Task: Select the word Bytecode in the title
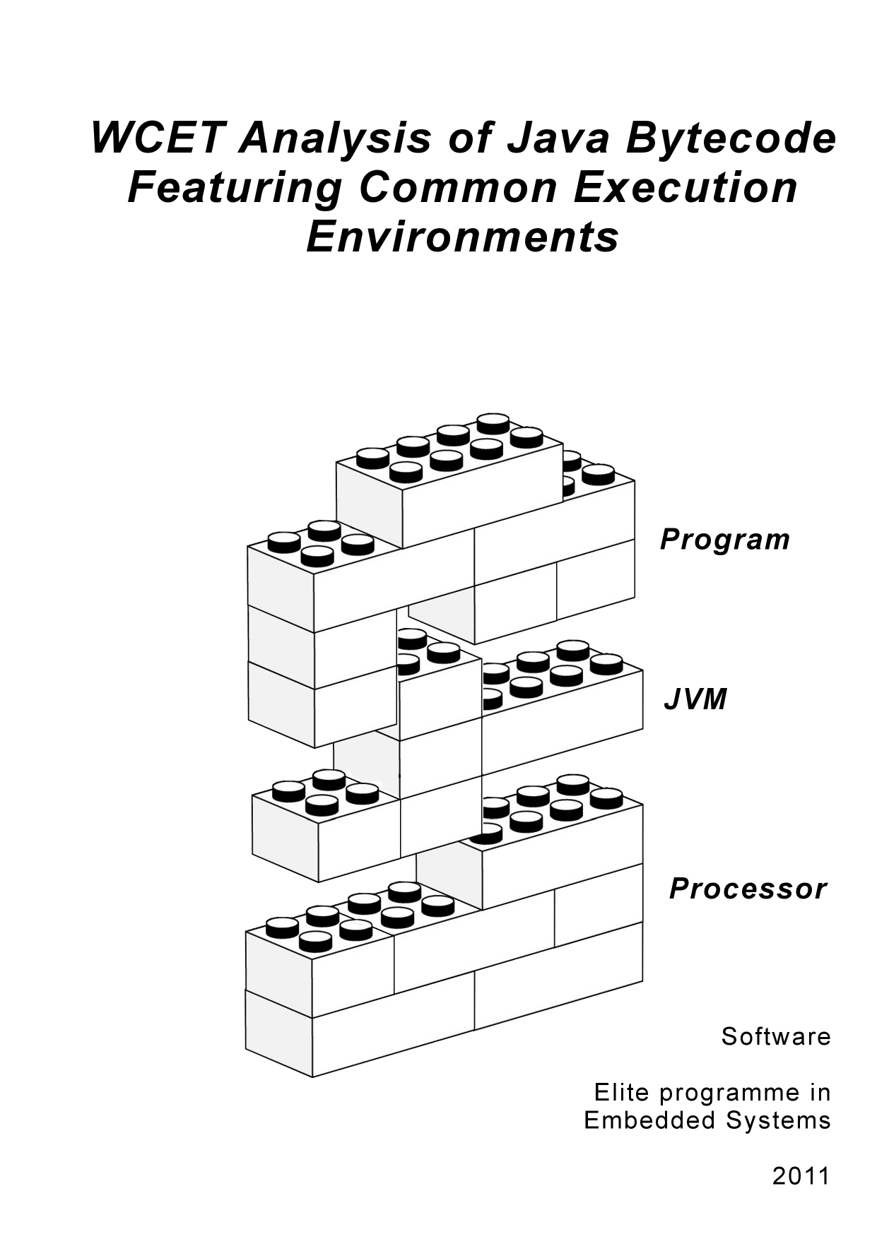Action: tap(730, 138)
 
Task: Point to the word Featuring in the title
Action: tap(235, 188)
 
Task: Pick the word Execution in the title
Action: tap(685, 188)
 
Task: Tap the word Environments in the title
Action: tap(462, 237)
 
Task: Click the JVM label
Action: tap(695, 700)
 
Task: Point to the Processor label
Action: tap(748, 889)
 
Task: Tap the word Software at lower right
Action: tap(776, 1037)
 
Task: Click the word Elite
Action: tap(621, 1093)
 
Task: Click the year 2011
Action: tap(801, 1176)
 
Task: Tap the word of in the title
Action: tap(470, 138)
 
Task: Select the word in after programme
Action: tap(820, 1093)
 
